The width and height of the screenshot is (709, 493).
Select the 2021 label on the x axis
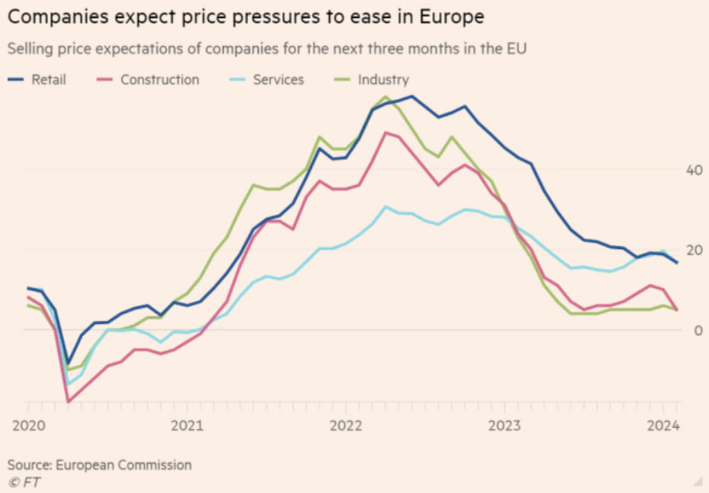coord(186,426)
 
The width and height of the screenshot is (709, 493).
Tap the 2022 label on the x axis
coord(345,426)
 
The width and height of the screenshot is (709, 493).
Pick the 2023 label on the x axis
coord(504,426)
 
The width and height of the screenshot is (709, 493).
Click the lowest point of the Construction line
coord(68,402)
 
